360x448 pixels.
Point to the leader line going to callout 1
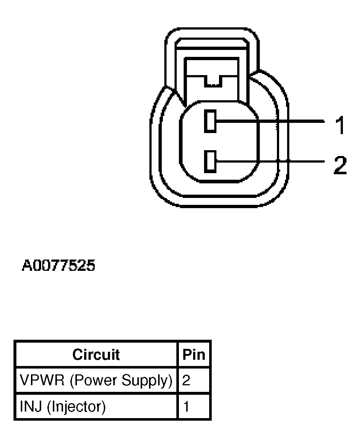[270, 121]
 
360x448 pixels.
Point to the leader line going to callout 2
[270, 161]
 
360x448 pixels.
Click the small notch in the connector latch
[213, 81]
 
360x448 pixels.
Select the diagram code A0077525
[59, 266]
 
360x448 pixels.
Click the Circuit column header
[96, 354]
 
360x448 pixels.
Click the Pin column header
[194, 354]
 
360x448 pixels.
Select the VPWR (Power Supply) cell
[96, 380]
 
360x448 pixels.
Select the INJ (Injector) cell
[96, 406]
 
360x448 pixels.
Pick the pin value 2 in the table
[186, 380]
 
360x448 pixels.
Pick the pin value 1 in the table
[186, 406]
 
